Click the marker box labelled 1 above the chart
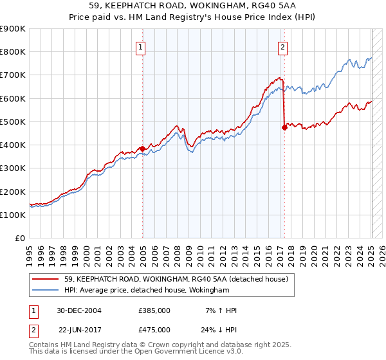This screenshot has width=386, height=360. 140,46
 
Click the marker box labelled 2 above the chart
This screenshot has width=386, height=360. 282,46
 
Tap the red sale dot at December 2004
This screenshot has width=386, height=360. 142,148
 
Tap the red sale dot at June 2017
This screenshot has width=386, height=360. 284,128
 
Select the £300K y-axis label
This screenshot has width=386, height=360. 12,168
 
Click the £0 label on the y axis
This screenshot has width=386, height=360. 19,239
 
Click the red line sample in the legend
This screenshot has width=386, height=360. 46,279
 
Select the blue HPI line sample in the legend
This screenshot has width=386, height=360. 46,291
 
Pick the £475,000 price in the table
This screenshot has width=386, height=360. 154,330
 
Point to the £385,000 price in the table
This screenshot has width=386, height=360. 154,310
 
